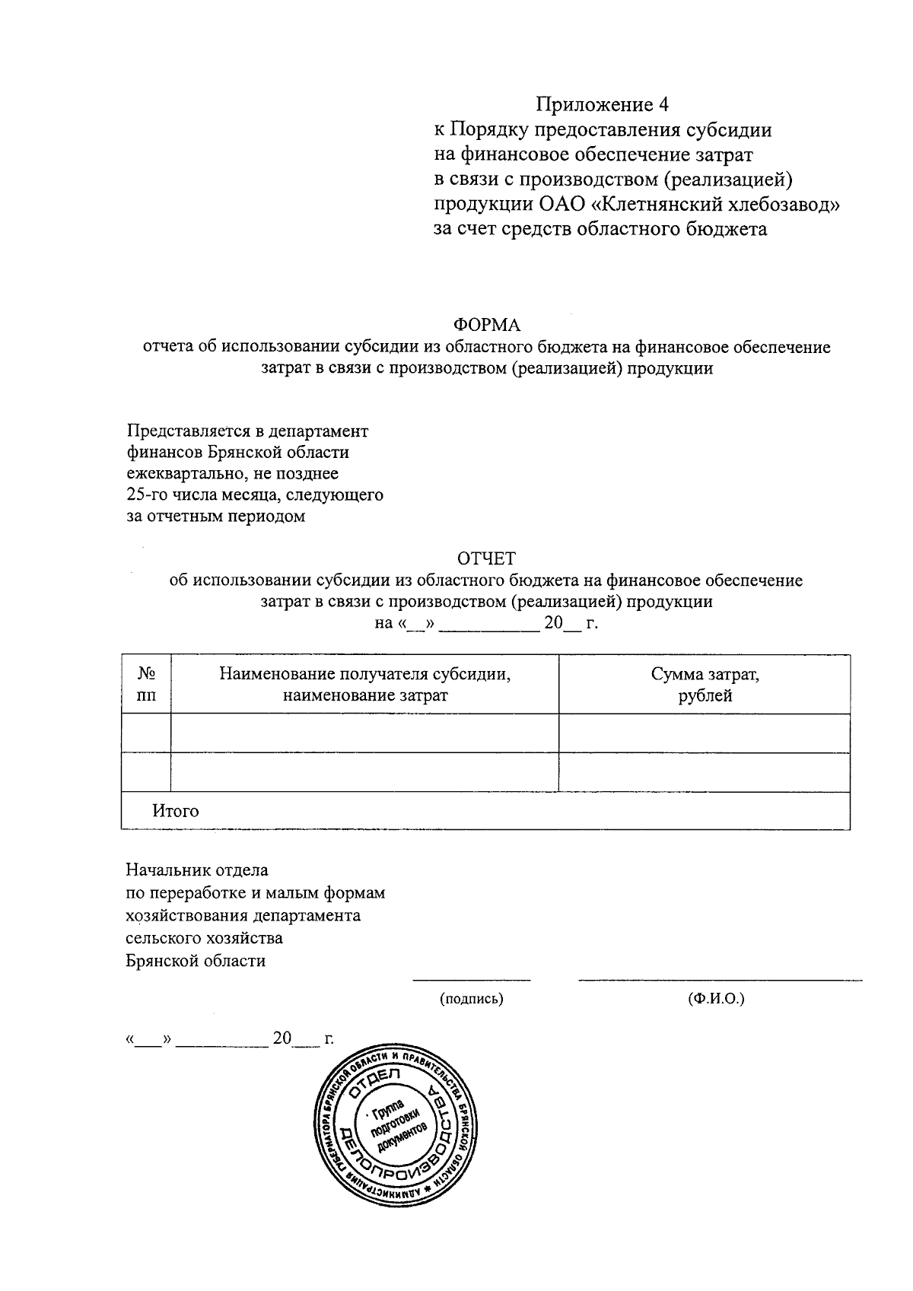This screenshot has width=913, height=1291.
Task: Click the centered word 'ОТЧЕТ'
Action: (486, 559)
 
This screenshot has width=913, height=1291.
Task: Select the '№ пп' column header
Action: (146, 685)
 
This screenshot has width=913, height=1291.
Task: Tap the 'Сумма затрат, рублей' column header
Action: (705, 685)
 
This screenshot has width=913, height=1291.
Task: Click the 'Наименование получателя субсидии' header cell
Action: (364, 685)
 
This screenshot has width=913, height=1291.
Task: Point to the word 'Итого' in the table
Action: (176, 811)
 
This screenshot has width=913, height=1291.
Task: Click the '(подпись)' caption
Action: (472, 999)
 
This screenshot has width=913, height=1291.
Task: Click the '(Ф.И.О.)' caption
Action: (715, 999)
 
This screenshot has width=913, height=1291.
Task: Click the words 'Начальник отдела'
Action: (197, 870)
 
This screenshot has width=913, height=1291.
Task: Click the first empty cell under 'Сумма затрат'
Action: (705, 733)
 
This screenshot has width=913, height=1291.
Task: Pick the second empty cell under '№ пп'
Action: (146, 772)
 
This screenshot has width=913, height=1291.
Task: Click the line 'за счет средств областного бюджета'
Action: (600, 230)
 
